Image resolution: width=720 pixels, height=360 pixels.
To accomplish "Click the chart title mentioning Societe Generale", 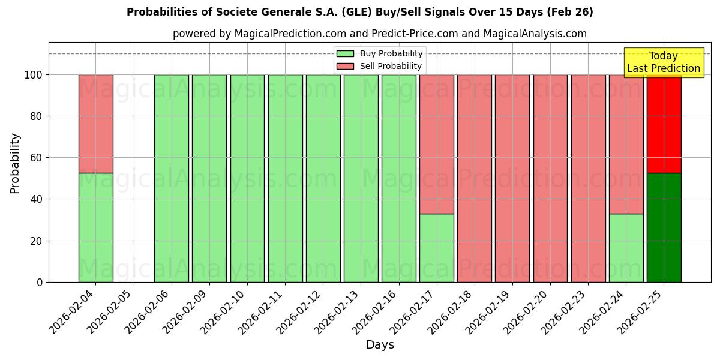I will pos(359,12).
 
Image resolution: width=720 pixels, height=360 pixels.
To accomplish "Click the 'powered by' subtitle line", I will pos(379,34).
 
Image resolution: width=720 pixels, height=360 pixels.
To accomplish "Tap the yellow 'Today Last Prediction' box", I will pos(663,62).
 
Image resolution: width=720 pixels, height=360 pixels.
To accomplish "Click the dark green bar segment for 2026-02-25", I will pos(664,227).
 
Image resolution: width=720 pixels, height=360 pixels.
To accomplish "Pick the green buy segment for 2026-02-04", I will pos(95,227).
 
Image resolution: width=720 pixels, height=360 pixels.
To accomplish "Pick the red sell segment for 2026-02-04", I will pos(95,124).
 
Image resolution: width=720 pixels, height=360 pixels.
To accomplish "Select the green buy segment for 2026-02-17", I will pos(436,248).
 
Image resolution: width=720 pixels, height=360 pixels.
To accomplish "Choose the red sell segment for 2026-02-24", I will pos(626,144).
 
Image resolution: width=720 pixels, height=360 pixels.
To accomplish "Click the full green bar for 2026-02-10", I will pos(247,178).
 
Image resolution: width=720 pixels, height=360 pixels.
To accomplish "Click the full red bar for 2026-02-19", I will pos(512,178).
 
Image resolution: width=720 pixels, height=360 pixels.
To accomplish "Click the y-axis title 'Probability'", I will pos(15,163).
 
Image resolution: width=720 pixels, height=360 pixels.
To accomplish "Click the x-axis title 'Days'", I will pos(380,345).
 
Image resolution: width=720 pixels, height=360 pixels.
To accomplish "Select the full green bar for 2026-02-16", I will pos(398,178).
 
